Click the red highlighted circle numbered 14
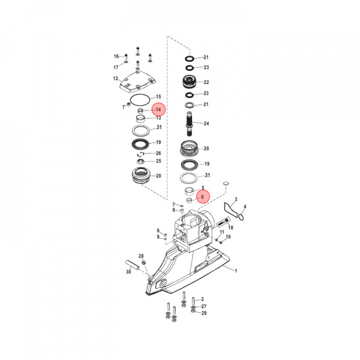(x=158, y=109)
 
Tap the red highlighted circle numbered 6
(x=202, y=196)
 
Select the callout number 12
(x=115, y=78)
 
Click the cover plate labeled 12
(x=134, y=82)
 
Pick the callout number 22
(x=206, y=82)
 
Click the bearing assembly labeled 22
(x=190, y=81)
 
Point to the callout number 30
(x=128, y=272)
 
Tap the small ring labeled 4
(x=241, y=216)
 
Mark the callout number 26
(x=158, y=153)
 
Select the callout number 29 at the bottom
(x=203, y=313)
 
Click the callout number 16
(x=116, y=56)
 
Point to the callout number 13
(x=158, y=118)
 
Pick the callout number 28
(x=141, y=255)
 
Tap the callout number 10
(x=228, y=236)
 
